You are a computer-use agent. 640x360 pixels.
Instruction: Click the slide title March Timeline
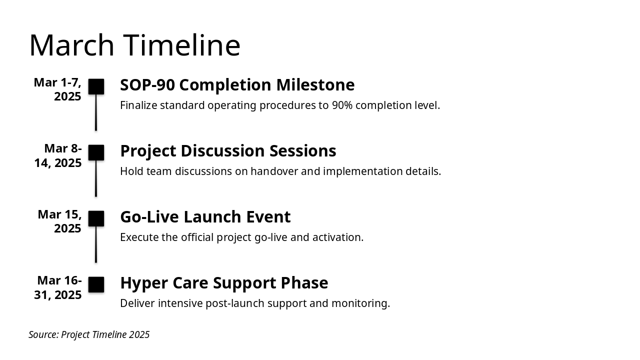point(134,45)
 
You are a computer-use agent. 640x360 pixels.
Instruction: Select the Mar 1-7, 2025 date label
point(57,89)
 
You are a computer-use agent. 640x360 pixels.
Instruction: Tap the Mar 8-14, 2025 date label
point(58,155)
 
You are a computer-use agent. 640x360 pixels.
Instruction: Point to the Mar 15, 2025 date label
point(59,221)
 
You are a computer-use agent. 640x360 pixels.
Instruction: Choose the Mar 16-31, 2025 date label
point(58,287)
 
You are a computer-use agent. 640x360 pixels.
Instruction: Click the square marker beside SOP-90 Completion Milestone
point(96,86)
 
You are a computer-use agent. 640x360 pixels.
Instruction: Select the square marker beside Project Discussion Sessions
point(96,152)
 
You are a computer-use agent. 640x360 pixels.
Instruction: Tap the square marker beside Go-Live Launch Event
point(96,218)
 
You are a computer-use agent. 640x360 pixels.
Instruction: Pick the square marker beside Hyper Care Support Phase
point(96,284)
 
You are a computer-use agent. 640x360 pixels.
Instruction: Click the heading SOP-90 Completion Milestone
point(237,85)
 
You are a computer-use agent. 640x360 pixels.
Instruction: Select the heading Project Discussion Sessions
point(228,151)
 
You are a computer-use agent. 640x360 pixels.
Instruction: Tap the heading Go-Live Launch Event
point(205,216)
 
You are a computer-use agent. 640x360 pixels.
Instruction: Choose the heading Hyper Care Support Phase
point(224,283)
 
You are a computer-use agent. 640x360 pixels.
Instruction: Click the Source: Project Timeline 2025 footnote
point(89,334)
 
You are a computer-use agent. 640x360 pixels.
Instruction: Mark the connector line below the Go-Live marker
point(96,244)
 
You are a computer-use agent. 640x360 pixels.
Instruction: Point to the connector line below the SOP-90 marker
point(96,112)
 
